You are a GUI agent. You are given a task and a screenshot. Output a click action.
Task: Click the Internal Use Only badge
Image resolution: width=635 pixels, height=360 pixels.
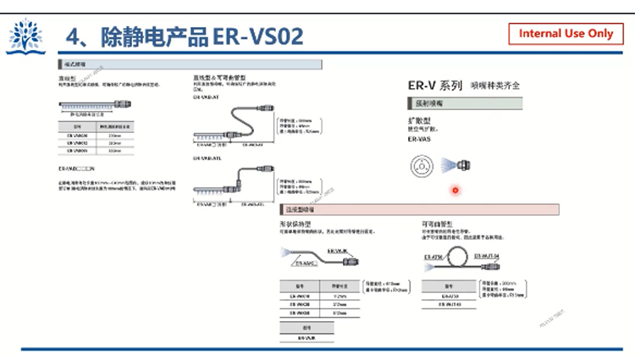click(566, 34)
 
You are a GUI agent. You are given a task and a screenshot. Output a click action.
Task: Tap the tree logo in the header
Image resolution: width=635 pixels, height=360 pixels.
click(25, 36)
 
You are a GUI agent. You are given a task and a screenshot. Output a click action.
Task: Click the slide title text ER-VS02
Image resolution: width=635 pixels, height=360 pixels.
click(259, 36)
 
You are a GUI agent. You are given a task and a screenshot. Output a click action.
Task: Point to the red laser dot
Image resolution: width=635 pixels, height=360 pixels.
click(456, 190)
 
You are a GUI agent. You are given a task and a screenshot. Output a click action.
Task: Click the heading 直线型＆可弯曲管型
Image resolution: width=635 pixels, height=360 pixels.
click(227, 77)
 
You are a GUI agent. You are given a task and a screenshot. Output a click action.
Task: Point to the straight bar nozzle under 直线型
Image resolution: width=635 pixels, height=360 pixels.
click(90, 105)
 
